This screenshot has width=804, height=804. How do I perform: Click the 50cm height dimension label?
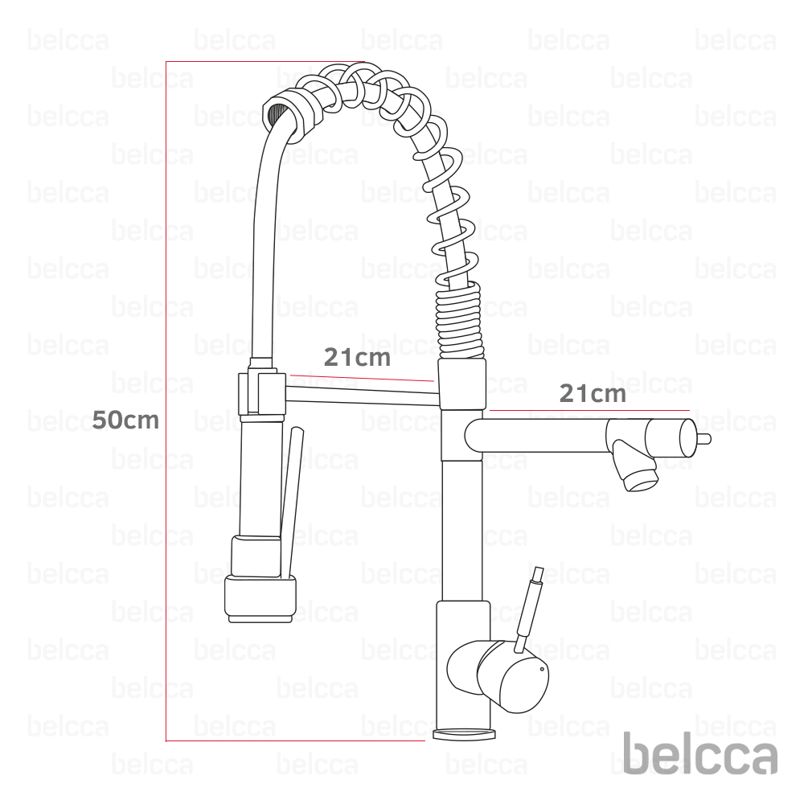(x=125, y=420)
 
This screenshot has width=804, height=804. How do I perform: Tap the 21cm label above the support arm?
(x=357, y=357)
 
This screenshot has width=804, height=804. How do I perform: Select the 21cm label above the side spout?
(x=593, y=394)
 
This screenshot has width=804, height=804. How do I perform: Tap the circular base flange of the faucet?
(x=465, y=734)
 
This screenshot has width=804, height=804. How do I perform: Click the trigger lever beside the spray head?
(x=291, y=503)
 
